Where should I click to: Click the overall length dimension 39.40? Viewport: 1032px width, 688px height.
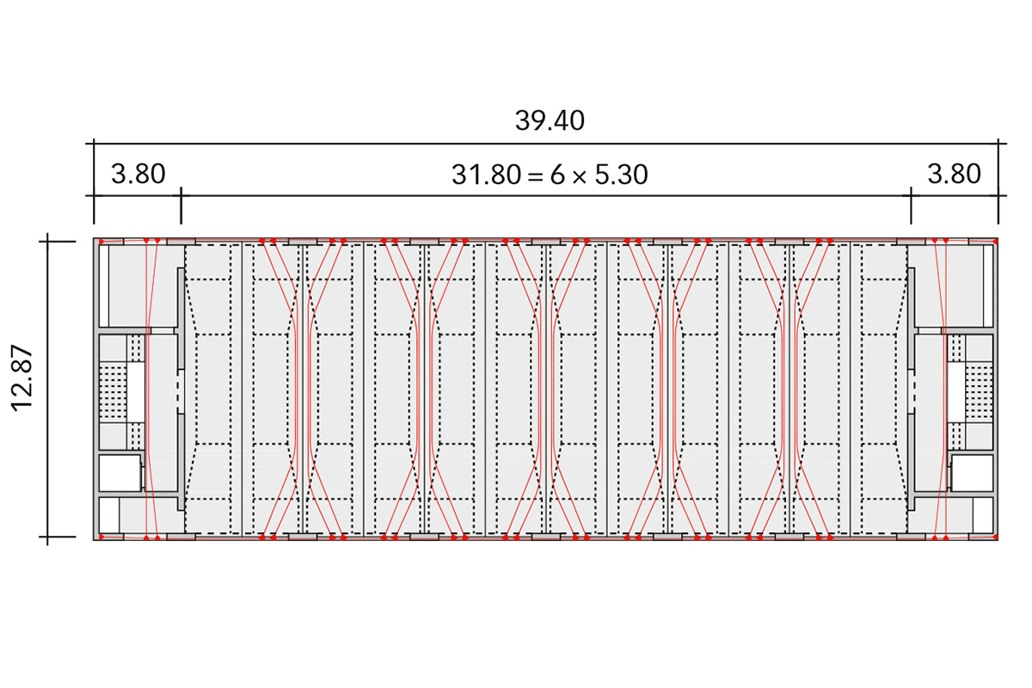(x=550, y=120)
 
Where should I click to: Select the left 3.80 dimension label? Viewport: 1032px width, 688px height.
(x=138, y=175)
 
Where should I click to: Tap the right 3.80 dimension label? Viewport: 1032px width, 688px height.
(x=954, y=175)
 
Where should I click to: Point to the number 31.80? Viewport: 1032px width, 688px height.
(x=487, y=175)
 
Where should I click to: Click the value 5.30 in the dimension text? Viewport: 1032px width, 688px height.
(x=622, y=175)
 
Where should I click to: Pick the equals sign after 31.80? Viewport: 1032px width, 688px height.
(x=535, y=176)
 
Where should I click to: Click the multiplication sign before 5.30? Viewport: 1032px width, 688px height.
(x=579, y=176)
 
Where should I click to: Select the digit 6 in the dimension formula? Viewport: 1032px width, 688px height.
(x=557, y=175)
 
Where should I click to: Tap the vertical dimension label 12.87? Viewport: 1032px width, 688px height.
(x=22, y=378)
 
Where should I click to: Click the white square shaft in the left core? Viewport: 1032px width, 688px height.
(x=120, y=473)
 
